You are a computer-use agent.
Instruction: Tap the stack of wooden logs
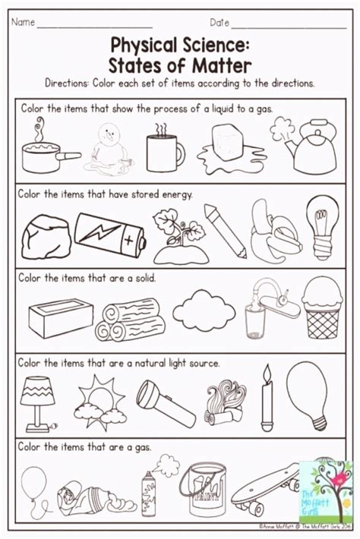click(132, 317)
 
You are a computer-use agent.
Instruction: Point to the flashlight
click(164, 399)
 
